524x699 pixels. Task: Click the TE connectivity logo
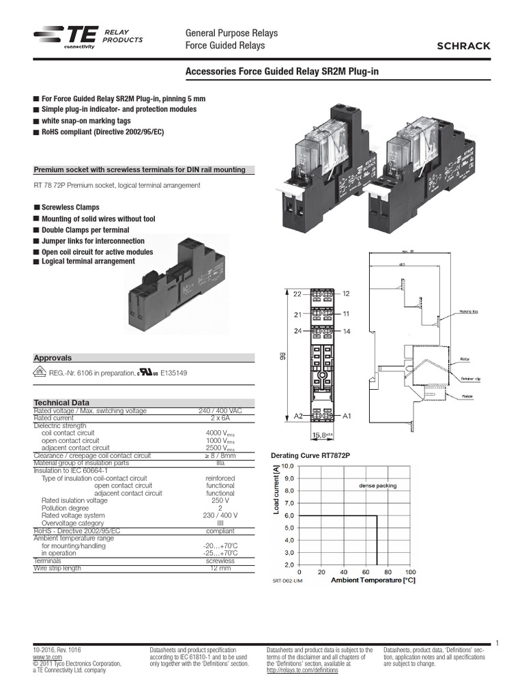(65, 40)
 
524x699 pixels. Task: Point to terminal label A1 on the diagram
(347, 415)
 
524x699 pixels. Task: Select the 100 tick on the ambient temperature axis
(409, 571)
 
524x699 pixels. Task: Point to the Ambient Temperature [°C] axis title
(373, 580)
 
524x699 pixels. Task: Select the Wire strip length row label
(57, 568)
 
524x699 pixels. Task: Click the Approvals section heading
(53, 358)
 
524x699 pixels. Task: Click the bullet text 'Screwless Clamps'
(70, 208)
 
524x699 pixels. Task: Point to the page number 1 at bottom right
(498, 642)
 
